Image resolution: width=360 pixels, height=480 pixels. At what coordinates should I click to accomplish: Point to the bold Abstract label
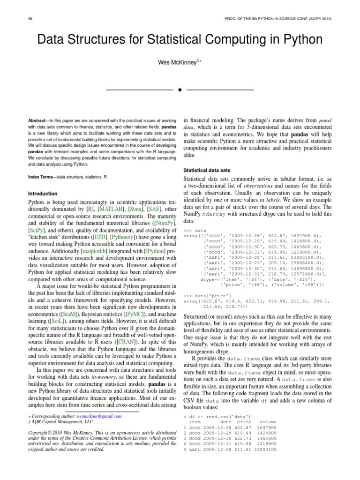(39, 120)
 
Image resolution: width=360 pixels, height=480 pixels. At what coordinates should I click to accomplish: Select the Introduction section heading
(43, 194)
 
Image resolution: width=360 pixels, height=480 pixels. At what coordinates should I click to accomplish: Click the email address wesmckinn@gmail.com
(99, 416)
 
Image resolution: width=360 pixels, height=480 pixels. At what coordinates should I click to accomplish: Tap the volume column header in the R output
(268, 422)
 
